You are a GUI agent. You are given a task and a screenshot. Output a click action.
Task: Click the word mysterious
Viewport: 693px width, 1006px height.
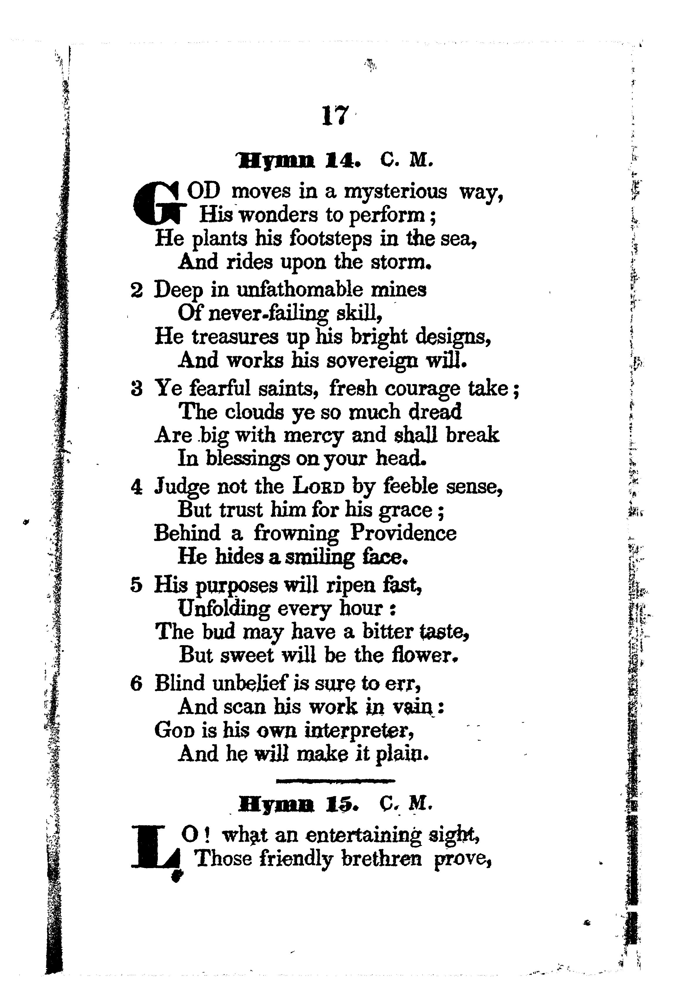tap(395, 192)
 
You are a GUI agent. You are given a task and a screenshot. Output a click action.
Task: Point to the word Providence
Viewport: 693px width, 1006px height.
tap(403, 533)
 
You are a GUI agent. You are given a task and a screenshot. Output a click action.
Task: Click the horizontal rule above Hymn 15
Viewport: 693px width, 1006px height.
tap(335, 781)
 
